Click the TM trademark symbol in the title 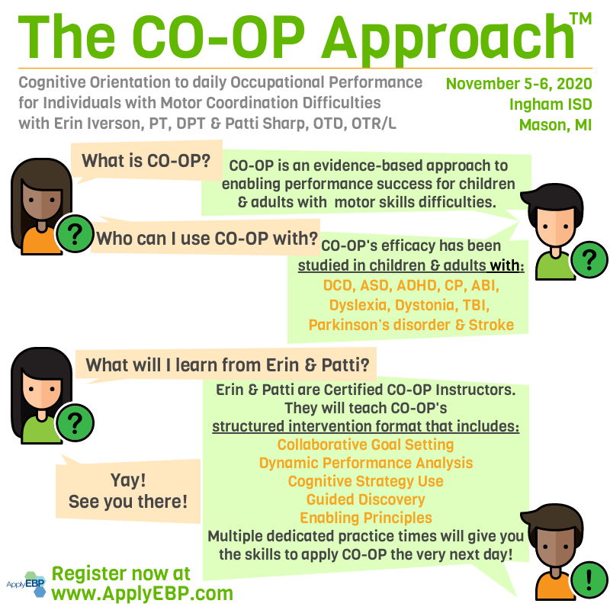point(580,18)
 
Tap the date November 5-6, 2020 point(519,84)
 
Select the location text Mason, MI point(556,125)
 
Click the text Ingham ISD point(551,104)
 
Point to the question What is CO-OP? point(146,161)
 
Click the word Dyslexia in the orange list point(359,305)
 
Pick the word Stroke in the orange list point(491,325)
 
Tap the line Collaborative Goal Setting point(366,445)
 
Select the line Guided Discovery point(366,499)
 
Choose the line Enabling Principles point(366,518)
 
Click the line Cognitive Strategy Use point(366,481)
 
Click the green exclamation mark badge point(589,580)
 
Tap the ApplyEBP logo point(26,583)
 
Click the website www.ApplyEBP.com point(143,594)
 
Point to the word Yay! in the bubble point(128,480)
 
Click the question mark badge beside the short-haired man point(589,259)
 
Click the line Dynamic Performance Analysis point(366,463)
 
